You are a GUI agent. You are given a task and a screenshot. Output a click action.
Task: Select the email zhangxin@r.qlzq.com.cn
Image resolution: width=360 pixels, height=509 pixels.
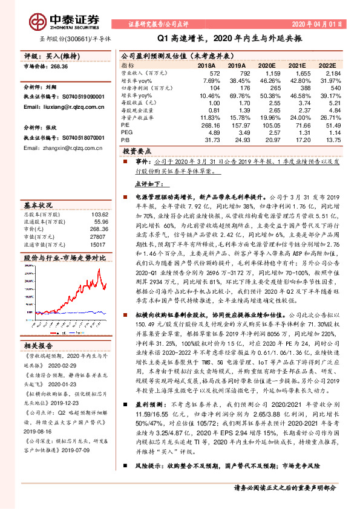coord(57,148)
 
